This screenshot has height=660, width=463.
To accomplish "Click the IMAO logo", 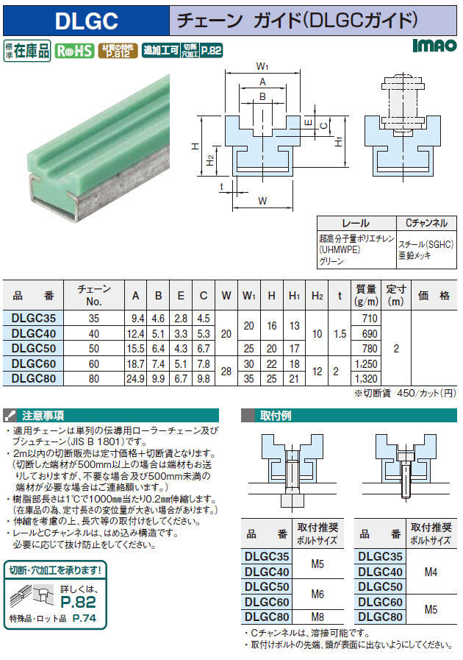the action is pos(434,45).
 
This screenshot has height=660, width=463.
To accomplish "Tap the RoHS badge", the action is pos(74,51).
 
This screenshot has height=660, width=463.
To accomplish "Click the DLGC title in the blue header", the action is pos(86,20).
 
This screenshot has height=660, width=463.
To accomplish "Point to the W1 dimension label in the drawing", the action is pos(262,66).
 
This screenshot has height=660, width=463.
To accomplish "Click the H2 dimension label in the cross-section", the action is pos(210,160).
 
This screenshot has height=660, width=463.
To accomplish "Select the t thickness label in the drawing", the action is pos(222,187).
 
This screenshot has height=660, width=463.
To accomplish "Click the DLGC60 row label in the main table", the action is pos(34,363).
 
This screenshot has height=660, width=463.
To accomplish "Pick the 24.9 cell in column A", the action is pos(135,378).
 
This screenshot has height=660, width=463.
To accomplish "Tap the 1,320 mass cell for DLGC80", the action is pos(366,378).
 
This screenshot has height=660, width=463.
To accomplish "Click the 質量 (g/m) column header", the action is pos(366,295).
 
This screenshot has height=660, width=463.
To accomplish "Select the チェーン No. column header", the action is pos(94,295).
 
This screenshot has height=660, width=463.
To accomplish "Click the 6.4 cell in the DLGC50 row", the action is pos(158,349).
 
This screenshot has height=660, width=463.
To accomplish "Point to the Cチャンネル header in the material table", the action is pos(426,223).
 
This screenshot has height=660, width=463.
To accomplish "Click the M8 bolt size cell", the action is pos(317,617).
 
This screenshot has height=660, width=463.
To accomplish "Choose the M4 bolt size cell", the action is pos(431,572).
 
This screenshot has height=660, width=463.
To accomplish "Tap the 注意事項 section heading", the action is pos(43,416).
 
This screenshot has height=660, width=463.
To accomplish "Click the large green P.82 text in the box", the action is pos(78,602).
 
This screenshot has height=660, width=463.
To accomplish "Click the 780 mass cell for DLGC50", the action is pos(370,349).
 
